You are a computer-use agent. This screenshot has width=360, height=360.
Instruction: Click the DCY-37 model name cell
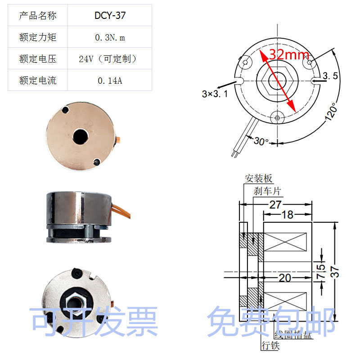click(110, 16)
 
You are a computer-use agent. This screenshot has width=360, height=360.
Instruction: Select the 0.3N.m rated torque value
click(110, 37)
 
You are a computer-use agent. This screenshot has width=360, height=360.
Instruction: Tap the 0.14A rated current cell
click(110, 81)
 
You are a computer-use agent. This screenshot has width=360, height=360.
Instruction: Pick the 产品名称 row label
click(38, 16)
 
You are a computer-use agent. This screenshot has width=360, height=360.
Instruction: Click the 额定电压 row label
click(38, 59)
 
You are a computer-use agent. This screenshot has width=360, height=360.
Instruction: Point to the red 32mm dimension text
click(289, 55)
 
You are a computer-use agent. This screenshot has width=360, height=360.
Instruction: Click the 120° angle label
click(331, 112)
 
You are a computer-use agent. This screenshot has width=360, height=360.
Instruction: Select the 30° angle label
click(261, 141)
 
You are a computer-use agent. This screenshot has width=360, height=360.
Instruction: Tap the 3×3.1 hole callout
click(215, 94)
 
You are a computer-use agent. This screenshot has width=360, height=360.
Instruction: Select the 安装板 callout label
click(259, 178)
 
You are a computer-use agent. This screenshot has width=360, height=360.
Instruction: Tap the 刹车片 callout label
click(267, 191)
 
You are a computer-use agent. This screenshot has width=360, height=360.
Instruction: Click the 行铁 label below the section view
click(270, 346)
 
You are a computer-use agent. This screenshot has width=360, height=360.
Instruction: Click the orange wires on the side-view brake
click(118, 210)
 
